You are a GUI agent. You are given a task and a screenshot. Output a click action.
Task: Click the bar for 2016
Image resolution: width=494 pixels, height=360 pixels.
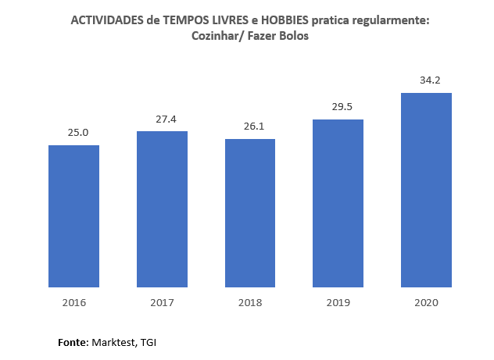pyautogui.click(x=73, y=216)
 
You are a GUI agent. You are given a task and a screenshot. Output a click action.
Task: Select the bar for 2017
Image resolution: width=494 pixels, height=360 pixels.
pyautogui.click(x=162, y=209)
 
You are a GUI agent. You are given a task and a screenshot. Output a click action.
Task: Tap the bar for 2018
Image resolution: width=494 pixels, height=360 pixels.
pyautogui.click(x=250, y=213)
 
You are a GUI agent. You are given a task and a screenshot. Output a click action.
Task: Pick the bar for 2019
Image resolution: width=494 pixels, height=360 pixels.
pyautogui.click(x=338, y=203)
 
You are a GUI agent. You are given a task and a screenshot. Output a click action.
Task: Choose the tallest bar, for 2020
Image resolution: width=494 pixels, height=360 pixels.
pyautogui.click(x=426, y=190)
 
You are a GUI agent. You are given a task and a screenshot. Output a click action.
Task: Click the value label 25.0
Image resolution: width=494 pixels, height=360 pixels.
pyautogui.click(x=78, y=133)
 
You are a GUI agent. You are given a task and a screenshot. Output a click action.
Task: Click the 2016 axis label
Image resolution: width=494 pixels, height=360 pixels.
pyautogui.click(x=73, y=302)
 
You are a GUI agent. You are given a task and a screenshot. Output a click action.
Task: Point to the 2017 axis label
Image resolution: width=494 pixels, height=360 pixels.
pyautogui.click(x=162, y=302)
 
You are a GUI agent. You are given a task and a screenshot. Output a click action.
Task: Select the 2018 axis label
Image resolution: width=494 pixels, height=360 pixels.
pyautogui.click(x=250, y=302)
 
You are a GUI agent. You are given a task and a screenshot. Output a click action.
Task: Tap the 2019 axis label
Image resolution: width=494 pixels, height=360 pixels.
pyautogui.click(x=338, y=302)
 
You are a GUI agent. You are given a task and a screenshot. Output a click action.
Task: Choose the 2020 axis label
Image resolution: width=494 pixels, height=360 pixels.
pyautogui.click(x=426, y=302)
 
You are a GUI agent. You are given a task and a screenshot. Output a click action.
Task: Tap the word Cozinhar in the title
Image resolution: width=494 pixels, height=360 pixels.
pyautogui.click(x=215, y=37)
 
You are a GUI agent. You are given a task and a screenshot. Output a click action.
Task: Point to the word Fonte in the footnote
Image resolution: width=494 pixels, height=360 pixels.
pyautogui.click(x=73, y=342)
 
